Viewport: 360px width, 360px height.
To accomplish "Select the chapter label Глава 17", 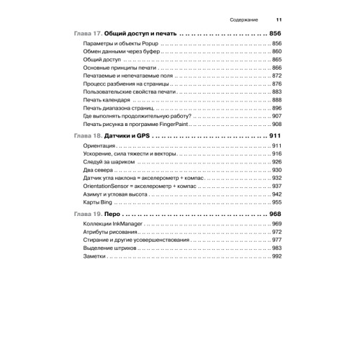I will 89,34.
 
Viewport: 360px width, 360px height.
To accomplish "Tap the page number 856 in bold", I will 277,34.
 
